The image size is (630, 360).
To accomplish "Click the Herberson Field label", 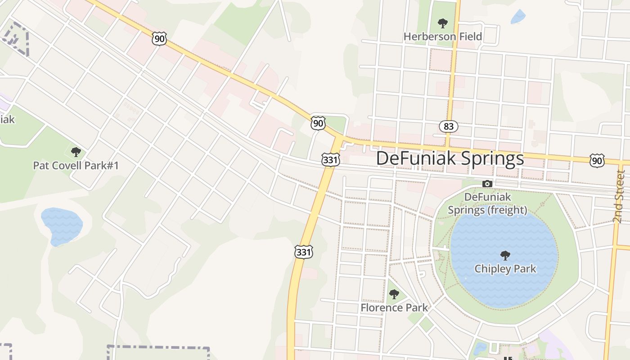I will [442, 36].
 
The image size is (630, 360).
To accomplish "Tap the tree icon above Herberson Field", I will [443, 23].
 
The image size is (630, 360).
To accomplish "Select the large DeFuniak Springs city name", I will [450, 158].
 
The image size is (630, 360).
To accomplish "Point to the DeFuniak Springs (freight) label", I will [487, 203].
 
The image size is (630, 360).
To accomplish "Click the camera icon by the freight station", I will [487, 184].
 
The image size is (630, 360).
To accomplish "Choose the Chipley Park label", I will [505, 269].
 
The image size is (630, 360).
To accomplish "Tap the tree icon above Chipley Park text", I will [505, 256].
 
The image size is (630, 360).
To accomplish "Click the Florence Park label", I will [394, 308].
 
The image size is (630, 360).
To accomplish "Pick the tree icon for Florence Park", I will [394, 294].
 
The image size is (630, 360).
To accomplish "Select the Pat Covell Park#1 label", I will [76, 166].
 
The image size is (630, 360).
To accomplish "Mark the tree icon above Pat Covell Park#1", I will [76, 152].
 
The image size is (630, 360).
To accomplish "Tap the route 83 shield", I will [449, 126].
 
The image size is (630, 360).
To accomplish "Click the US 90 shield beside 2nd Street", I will [597, 160].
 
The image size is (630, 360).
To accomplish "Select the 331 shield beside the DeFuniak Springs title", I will [330, 159].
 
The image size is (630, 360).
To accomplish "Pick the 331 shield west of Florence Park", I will [304, 252].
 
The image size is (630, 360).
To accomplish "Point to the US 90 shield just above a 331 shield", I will [318, 123].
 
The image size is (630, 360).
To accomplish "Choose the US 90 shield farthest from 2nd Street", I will [159, 39].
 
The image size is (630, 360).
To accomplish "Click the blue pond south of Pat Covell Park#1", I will [62, 226].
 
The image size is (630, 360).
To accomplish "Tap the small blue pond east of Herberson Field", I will [518, 17].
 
